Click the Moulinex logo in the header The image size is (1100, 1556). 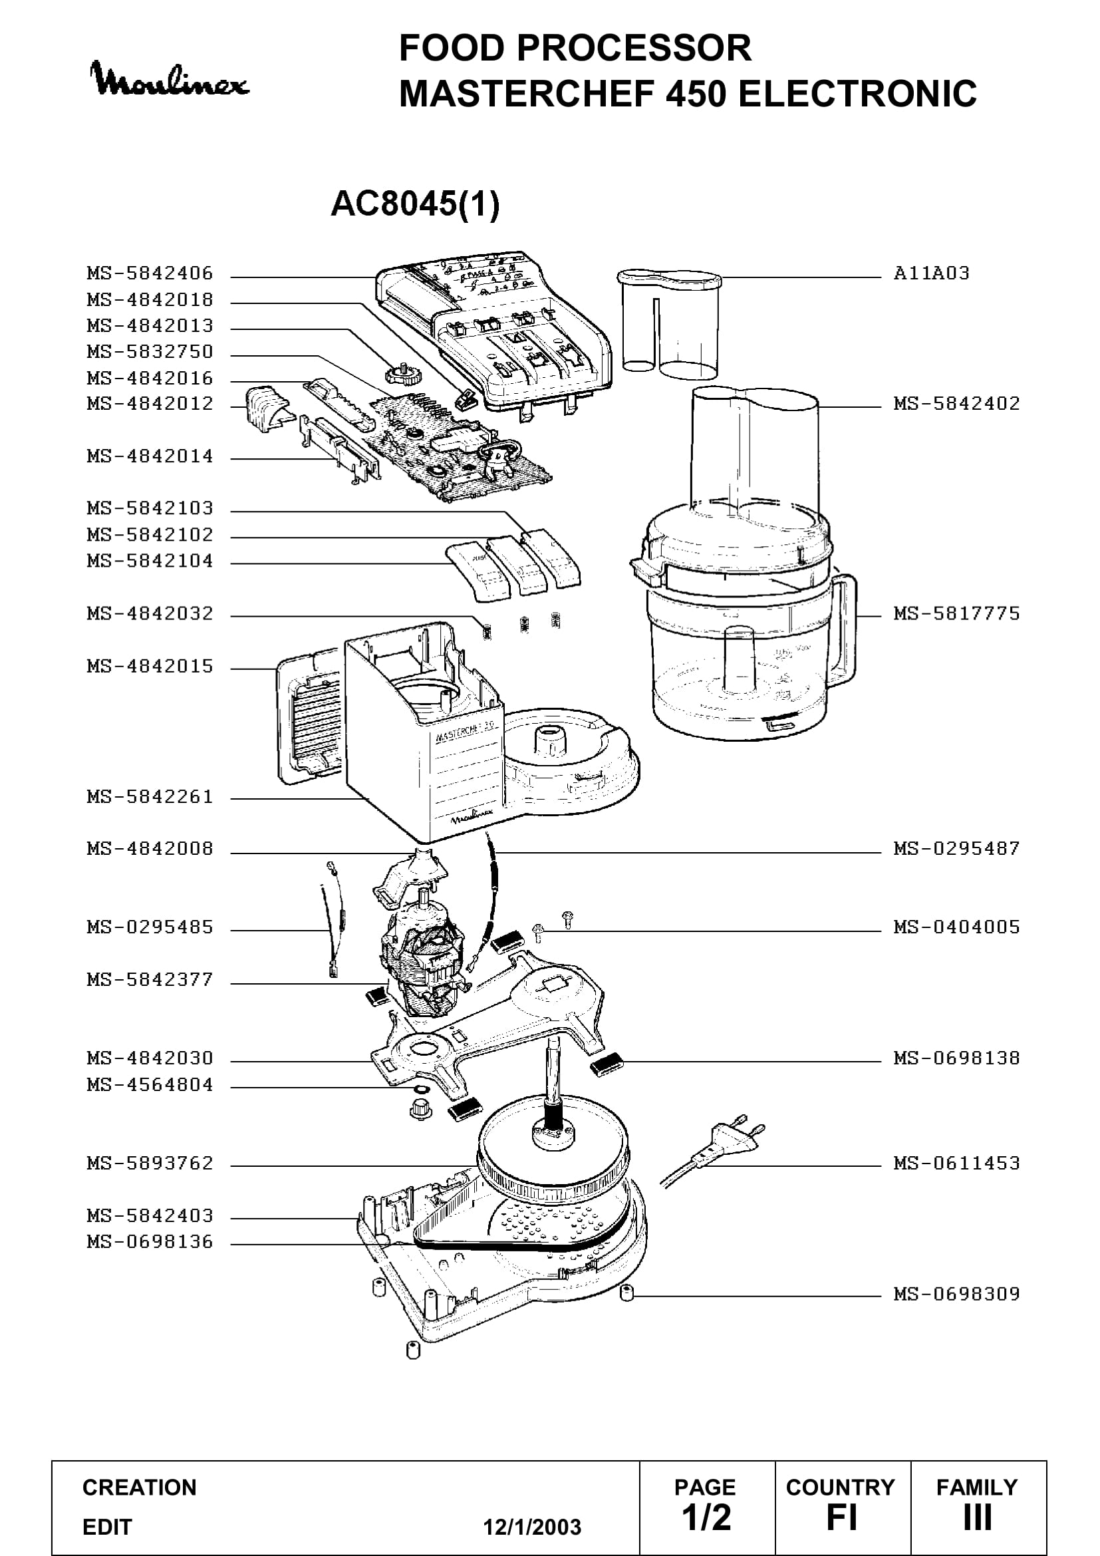pos(170,79)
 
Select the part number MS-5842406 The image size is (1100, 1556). pos(150,273)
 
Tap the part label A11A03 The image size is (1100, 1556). pos(931,273)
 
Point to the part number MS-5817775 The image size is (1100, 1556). pos(956,613)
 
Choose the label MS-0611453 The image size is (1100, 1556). pos(956,1163)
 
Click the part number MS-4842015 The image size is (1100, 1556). pos(150,666)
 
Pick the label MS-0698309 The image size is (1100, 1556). pos(956,1294)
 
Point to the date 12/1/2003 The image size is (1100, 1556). pos(532,1527)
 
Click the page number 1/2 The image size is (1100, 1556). pos(706,1517)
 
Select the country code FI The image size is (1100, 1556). pos(842,1517)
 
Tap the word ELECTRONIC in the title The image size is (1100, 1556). pos(857,94)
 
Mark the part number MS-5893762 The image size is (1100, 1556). pos(150,1163)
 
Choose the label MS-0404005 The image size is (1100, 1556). pos(956,927)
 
